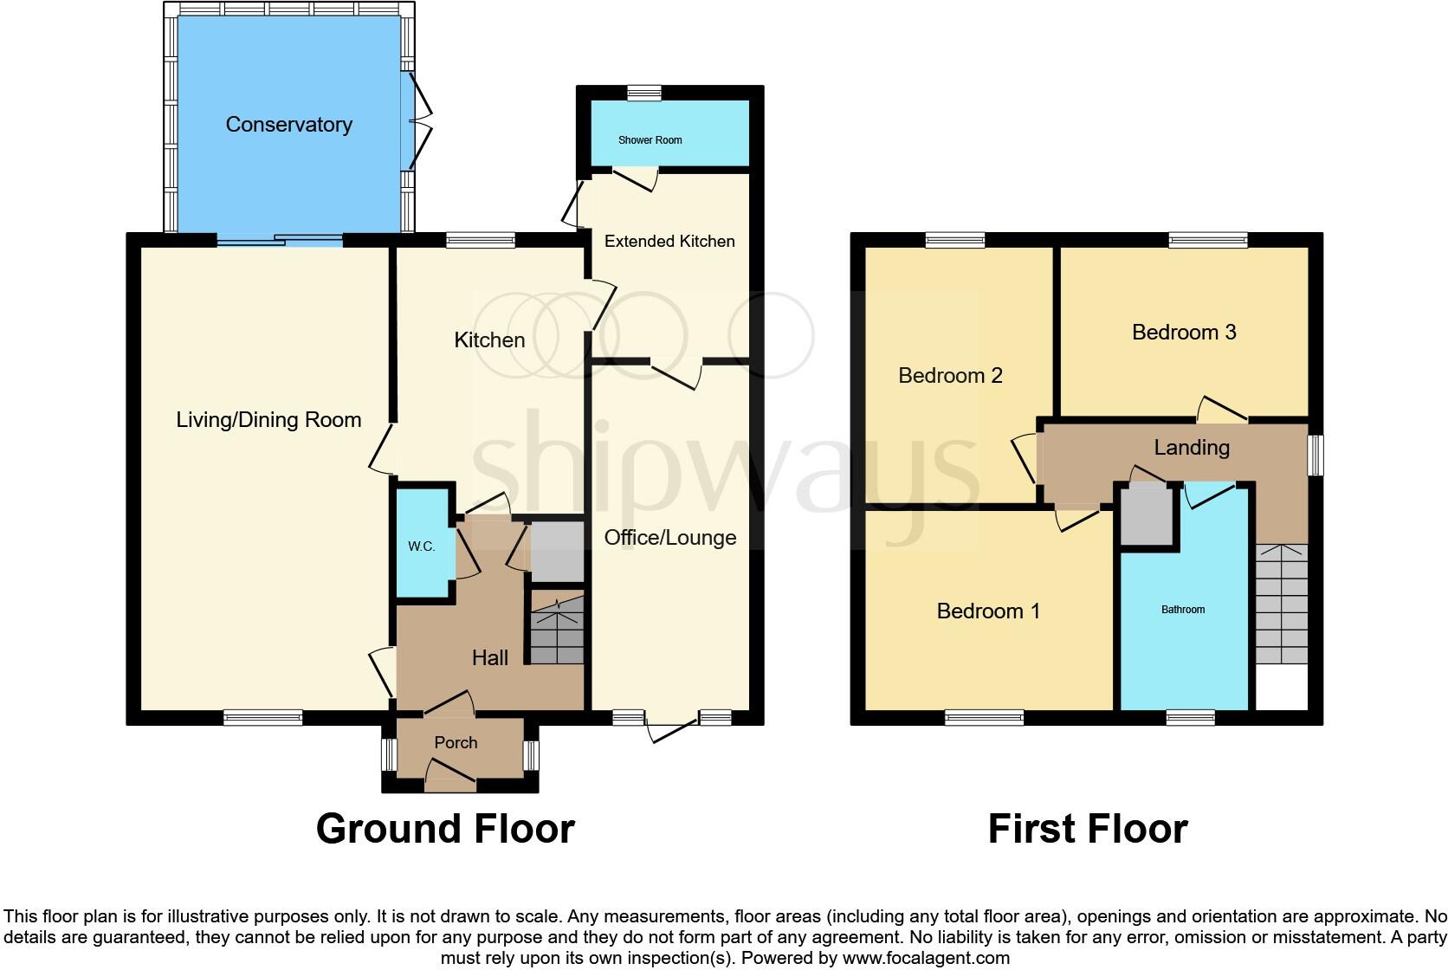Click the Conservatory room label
[x=288, y=125]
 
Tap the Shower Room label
[x=650, y=140]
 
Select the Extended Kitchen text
[x=669, y=242]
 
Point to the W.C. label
[x=421, y=546]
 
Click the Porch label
[x=456, y=743]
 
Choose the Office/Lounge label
[x=670, y=538]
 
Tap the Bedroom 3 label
[x=1184, y=333]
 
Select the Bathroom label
[x=1183, y=610]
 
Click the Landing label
[x=1192, y=448]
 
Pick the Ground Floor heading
[x=445, y=829]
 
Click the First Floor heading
[x=1088, y=829]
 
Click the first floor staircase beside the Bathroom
[x=1282, y=605]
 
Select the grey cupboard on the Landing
[x=1147, y=514]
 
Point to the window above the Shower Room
[x=644, y=93]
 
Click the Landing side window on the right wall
[x=1315, y=455]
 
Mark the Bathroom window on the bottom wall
[x=1190, y=717]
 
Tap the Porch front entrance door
[x=451, y=774]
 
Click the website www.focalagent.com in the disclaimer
[x=927, y=959]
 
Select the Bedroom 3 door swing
[x=1222, y=409]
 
